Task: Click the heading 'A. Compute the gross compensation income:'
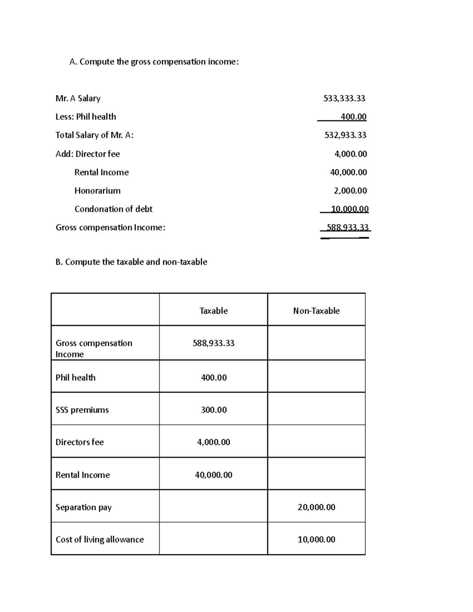tap(154, 62)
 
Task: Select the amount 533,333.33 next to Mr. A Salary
tap(344, 99)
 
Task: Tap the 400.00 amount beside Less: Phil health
tap(354, 117)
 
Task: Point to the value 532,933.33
tap(345, 135)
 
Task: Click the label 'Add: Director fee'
tap(88, 154)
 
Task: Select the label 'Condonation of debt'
tap(113, 209)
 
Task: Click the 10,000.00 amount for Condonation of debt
tap(350, 209)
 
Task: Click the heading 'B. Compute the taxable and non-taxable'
tap(131, 262)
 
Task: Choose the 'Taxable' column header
tap(213, 311)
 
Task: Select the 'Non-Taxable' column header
tap(316, 311)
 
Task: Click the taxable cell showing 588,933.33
tap(213, 343)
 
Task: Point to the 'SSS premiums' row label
tap(82, 410)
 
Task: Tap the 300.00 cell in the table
tap(214, 410)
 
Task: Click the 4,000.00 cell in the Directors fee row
tap(213, 442)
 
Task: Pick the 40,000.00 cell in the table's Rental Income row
tap(213, 475)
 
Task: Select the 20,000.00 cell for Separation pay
tap(316, 507)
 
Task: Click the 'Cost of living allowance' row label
tap(99, 539)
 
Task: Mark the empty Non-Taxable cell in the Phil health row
tap(316, 376)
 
